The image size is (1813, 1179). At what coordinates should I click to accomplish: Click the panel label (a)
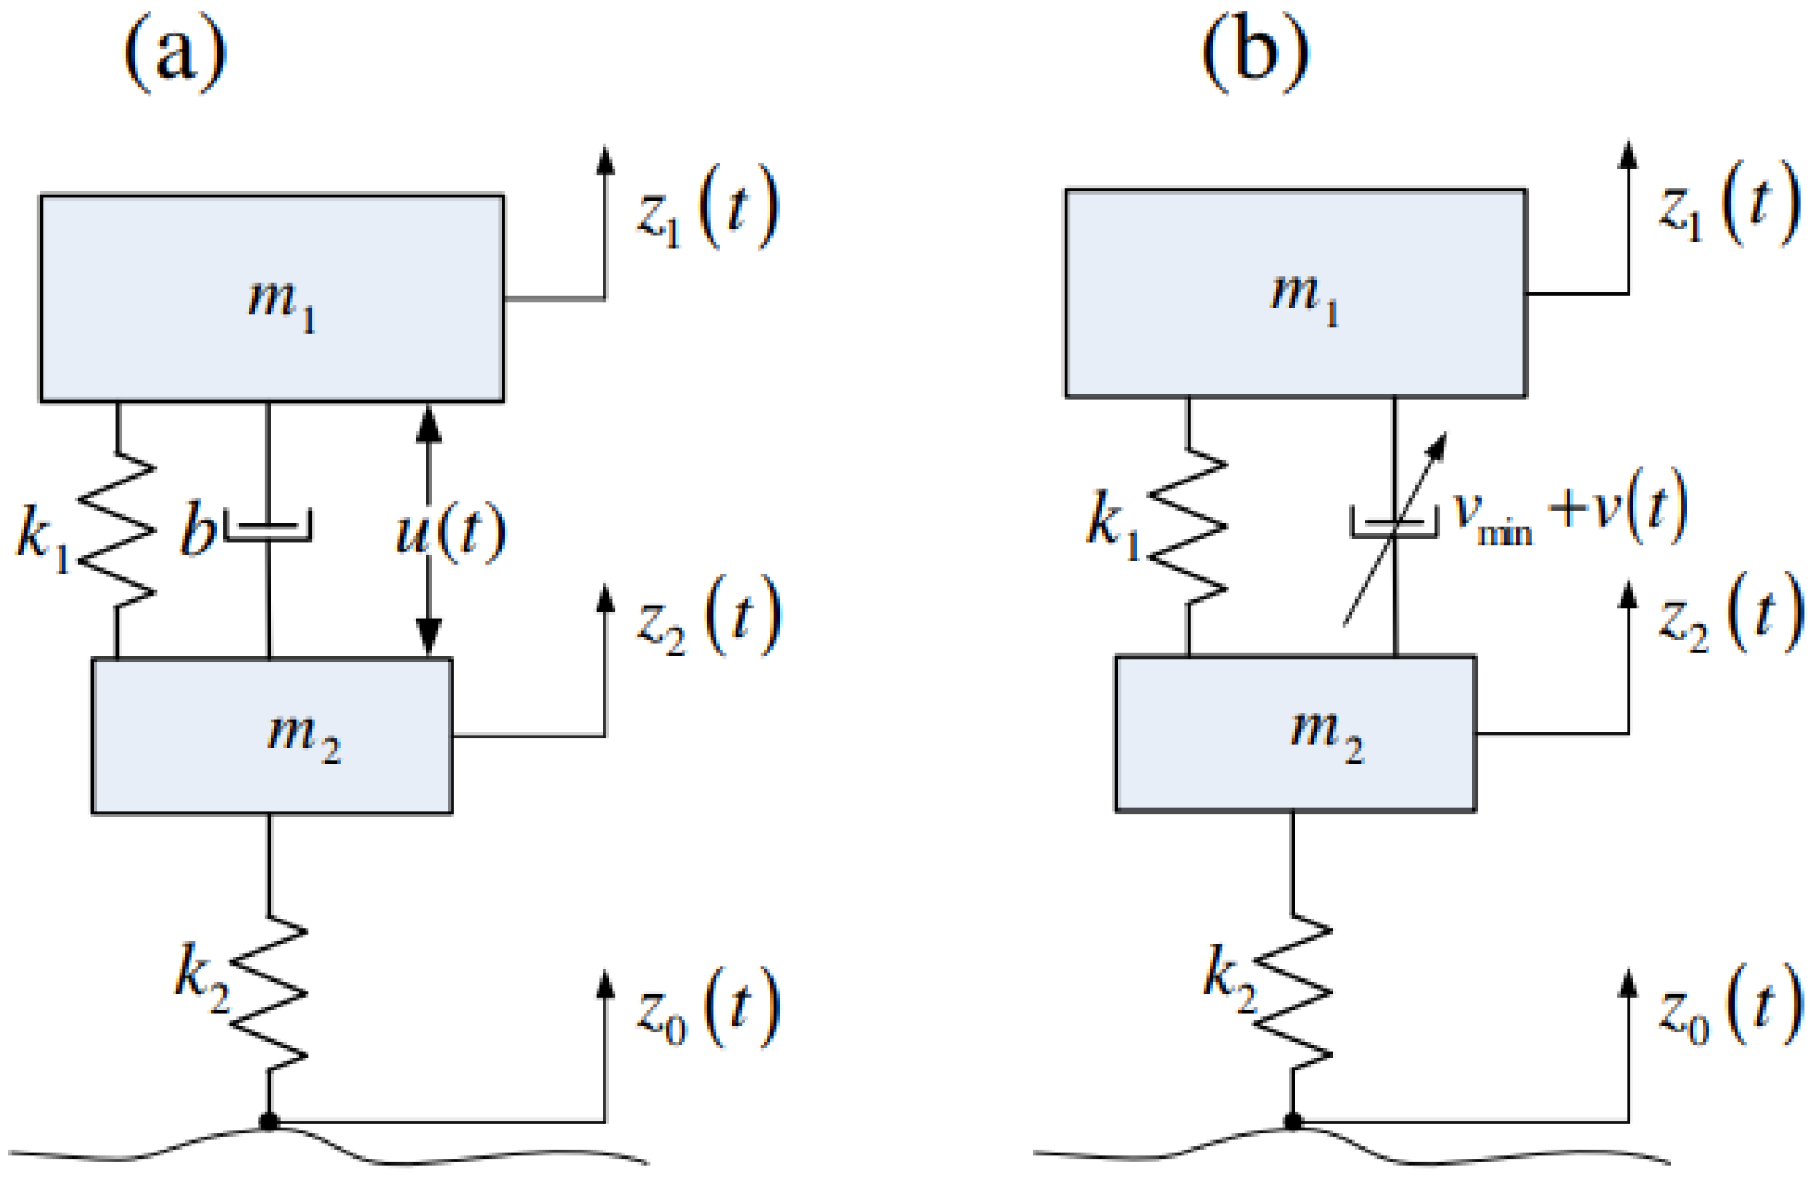175,52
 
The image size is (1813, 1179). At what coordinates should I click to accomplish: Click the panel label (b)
1255,52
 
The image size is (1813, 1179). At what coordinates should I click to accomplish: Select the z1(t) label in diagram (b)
1728,206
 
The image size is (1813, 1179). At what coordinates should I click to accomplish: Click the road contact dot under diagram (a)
269,1122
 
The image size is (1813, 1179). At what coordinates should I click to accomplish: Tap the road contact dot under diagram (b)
1293,1122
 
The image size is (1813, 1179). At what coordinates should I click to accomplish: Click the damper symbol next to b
269,527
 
